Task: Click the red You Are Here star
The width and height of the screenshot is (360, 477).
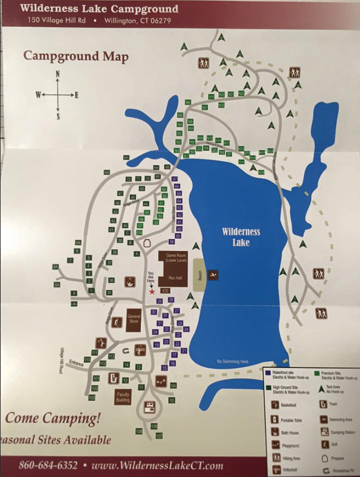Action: point(152,291)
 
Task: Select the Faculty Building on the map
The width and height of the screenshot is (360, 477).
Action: point(123,397)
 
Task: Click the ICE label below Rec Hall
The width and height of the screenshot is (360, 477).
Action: point(165,290)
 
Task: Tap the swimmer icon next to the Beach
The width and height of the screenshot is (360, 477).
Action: point(212,274)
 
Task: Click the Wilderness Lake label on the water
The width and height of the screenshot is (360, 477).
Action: point(241,236)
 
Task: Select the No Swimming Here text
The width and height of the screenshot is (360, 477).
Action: point(233,362)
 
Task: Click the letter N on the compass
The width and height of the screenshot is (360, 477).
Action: point(58,75)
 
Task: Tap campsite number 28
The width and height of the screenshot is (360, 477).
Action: point(171,300)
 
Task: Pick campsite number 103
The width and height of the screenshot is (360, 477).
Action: point(92,397)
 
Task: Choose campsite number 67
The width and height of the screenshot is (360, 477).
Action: point(175,179)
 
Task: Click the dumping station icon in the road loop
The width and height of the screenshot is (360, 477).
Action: point(148,407)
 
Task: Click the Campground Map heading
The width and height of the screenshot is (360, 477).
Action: point(76,57)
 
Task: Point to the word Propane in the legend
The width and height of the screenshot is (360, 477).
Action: point(339,457)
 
